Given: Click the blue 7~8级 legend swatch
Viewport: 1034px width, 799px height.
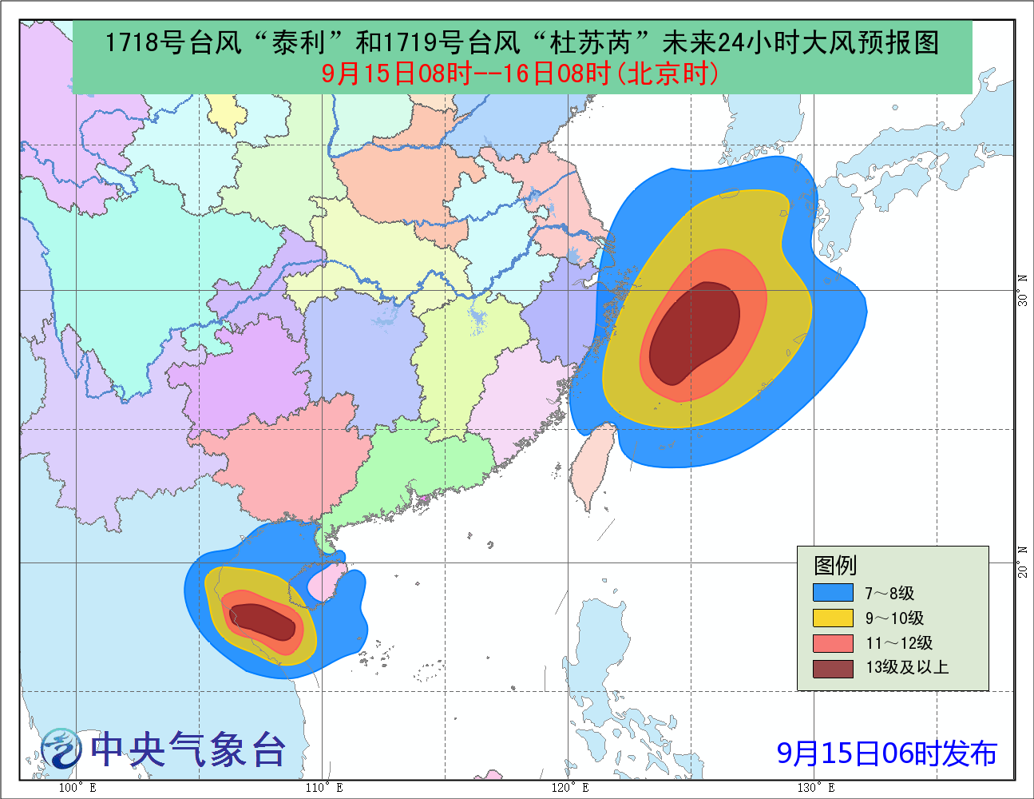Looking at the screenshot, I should [x=833, y=593].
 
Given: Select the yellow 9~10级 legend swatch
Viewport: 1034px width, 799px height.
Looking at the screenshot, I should [x=833, y=618].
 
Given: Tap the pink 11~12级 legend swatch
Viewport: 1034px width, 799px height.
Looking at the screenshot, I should [x=833, y=642].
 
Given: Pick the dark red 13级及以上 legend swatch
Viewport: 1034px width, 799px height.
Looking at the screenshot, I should [x=833, y=667].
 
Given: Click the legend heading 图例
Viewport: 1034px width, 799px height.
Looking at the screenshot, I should [x=834, y=566].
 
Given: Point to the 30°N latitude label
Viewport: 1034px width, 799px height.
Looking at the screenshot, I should [x=1023, y=290].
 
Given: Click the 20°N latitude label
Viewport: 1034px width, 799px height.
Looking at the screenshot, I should [x=1023, y=562].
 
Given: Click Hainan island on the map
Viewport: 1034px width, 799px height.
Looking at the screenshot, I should [x=327, y=582].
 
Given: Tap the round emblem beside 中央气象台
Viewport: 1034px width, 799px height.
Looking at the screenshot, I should [x=61, y=749].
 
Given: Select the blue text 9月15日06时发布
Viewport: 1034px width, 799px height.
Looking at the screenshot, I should [x=886, y=753].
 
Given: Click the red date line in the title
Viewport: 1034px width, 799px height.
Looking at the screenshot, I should [x=521, y=74].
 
